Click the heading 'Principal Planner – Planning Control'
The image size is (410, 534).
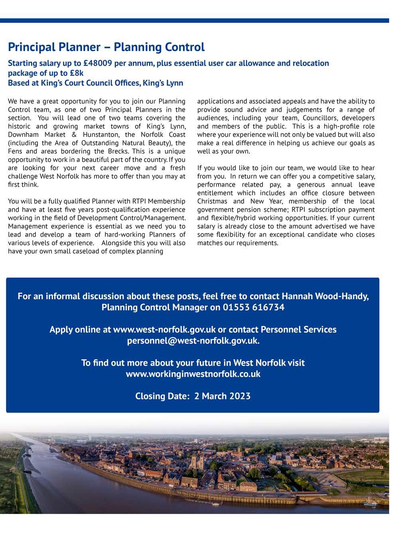pyautogui.click(x=106, y=47)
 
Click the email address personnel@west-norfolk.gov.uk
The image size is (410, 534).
pyautogui.click(x=193, y=341)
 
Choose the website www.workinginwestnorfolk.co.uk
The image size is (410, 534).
pyautogui.click(x=193, y=374)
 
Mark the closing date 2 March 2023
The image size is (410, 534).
pyautogui.click(x=222, y=396)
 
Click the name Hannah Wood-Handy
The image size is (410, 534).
pyautogui.click(x=325, y=296)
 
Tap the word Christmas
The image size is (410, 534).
pyautogui.click(x=212, y=201)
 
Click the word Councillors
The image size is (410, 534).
pyautogui.click(x=321, y=118)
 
